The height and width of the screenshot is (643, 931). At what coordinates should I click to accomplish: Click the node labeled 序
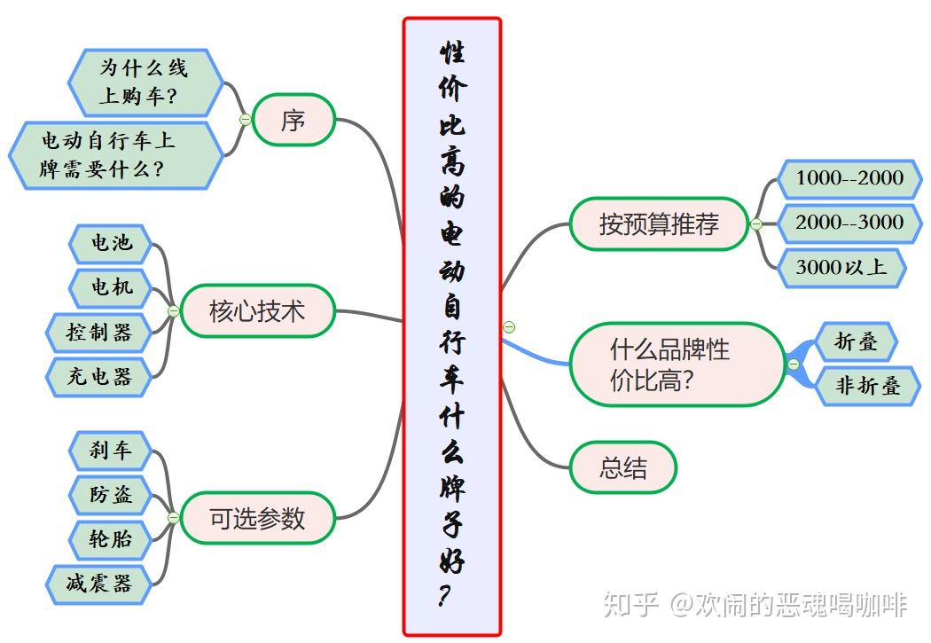[293, 120]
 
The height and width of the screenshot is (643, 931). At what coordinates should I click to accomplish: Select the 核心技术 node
[257, 311]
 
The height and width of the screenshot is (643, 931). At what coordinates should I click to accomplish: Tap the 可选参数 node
[257, 518]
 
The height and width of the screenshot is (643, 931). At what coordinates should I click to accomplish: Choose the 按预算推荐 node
[659, 223]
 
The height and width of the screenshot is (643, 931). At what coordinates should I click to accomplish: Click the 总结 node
[623, 467]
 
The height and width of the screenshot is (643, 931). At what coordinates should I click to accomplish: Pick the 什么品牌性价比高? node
[677, 365]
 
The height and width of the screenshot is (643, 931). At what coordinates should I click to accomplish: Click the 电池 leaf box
[111, 242]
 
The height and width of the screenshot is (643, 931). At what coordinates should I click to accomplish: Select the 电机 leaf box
[111, 286]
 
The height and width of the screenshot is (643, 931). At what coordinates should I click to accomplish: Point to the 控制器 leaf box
[99, 332]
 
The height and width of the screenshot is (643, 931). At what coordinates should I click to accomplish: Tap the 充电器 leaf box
[99, 376]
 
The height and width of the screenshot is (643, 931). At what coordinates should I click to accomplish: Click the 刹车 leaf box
[111, 451]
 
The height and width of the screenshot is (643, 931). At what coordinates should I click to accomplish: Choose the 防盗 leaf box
[111, 494]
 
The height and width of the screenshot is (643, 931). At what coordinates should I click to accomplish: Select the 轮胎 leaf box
[111, 538]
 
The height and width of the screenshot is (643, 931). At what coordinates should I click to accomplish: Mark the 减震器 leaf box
[99, 584]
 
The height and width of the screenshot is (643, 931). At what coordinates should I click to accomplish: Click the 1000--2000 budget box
[849, 178]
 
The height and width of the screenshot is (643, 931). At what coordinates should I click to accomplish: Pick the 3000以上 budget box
[841, 267]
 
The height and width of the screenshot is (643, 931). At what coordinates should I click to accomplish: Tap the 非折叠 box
[867, 387]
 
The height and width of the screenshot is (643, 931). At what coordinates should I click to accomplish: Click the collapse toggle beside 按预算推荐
[756, 224]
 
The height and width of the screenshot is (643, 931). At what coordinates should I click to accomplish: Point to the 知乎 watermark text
[630, 605]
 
